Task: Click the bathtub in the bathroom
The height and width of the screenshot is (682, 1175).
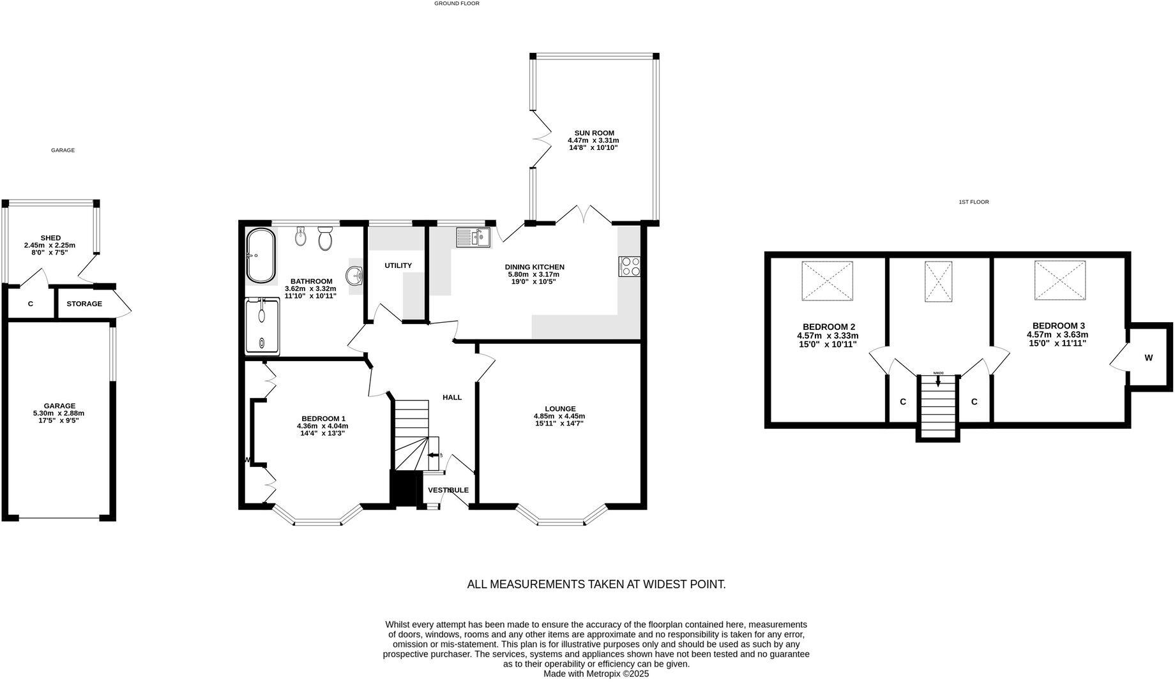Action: [261, 256]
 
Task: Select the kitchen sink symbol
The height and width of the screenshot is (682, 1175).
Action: [473, 237]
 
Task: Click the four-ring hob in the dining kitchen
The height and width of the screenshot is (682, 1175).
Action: [630, 266]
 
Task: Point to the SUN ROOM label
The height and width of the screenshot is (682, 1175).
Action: [593, 133]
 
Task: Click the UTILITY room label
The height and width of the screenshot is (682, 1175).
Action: [398, 265]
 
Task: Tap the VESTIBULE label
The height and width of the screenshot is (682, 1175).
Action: [448, 490]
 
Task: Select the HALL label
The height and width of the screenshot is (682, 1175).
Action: [452, 397]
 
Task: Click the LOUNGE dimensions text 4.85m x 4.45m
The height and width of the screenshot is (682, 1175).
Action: [559, 416]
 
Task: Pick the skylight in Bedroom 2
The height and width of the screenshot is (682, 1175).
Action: [828, 281]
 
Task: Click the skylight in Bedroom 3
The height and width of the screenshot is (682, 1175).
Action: [1060, 280]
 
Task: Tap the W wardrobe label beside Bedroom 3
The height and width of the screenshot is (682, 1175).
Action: [1148, 358]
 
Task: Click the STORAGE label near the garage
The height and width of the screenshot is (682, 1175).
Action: [84, 304]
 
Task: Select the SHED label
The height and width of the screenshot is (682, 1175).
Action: [50, 238]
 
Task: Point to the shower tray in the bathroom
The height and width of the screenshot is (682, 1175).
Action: [262, 327]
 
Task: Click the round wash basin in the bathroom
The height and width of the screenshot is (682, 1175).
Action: [354, 276]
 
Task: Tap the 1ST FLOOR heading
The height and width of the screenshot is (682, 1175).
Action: [973, 202]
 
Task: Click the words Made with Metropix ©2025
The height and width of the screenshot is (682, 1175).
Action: [596, 674]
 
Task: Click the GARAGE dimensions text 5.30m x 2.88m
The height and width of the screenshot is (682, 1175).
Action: [59, 413]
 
